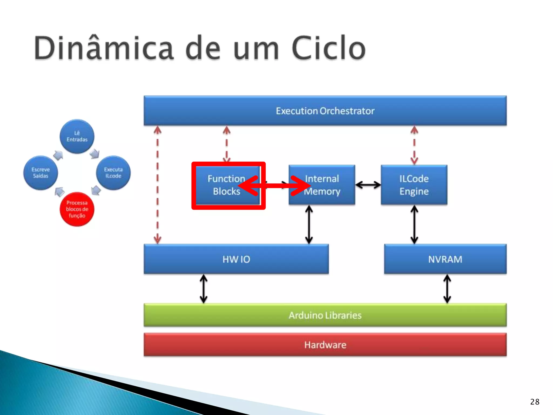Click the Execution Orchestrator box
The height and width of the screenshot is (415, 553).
[325, 111]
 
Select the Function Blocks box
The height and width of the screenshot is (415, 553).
[227, 185]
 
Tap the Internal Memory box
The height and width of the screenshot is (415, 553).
[322, 185]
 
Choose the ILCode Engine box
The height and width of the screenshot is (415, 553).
[414, 185]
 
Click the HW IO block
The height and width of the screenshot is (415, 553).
[236, 259]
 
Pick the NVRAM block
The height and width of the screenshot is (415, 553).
[445, 259]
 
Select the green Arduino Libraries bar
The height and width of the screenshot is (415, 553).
[325, 315]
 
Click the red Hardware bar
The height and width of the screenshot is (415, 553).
[325, 345]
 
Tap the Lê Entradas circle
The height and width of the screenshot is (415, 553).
[77, 136]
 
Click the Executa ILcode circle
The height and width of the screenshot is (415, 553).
[113, 173]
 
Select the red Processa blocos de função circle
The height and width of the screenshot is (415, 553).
[77, 209]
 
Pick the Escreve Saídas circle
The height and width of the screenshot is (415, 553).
[41, 173]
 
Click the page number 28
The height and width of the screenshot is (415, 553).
[535, 402]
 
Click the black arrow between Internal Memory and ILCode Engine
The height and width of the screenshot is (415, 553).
[368, 185]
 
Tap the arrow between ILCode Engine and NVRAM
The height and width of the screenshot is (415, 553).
[414, 225]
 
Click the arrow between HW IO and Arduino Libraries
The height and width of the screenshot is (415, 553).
[204, 289]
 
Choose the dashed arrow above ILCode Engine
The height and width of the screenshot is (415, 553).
[414, 145]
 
